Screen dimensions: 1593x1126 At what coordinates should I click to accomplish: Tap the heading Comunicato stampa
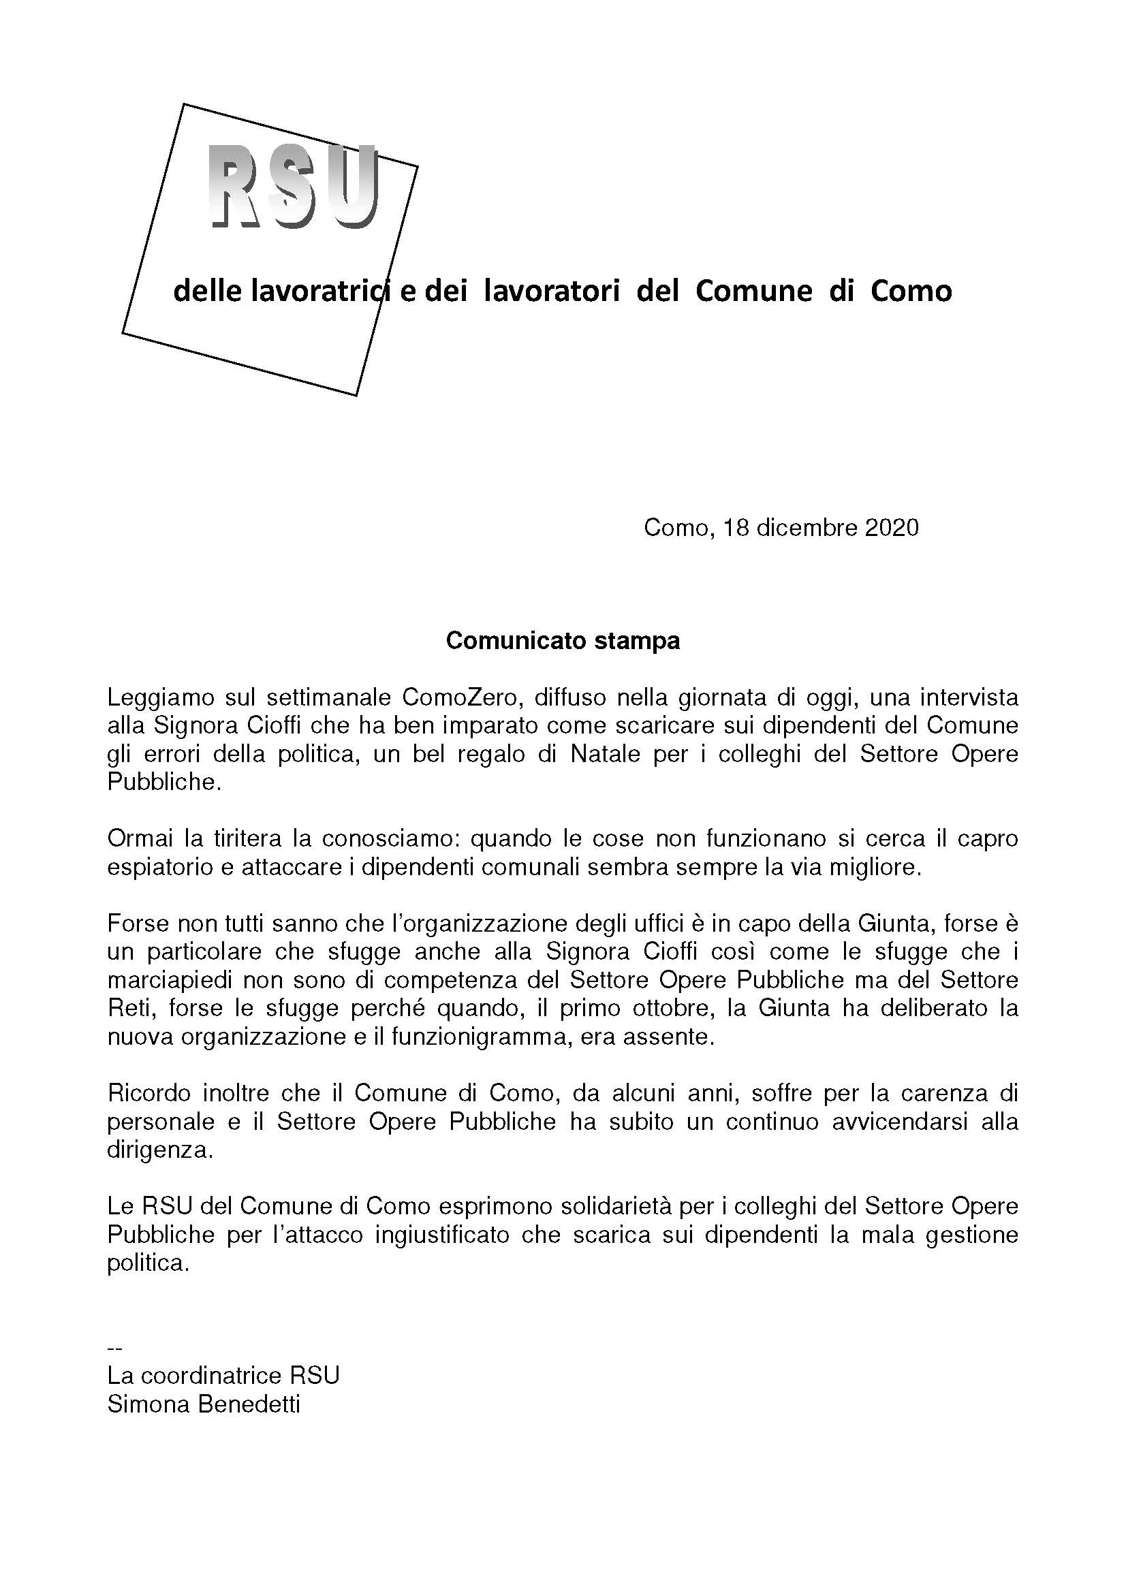563,640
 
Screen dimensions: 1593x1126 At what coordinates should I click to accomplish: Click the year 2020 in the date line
892,527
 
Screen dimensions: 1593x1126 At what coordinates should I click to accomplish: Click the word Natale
605,753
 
